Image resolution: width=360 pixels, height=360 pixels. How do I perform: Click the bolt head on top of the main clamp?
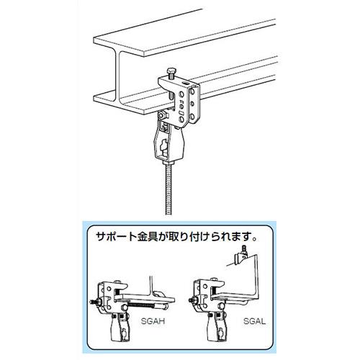[170, 71]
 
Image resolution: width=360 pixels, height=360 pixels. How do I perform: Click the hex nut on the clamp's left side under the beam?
[163, 116]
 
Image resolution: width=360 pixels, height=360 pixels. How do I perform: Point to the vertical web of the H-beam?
[117, 73]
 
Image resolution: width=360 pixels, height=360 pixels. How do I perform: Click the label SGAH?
[153, 321]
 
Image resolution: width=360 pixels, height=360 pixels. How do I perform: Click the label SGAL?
[254, 321]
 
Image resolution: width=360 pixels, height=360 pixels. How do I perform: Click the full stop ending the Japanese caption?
[255, 240]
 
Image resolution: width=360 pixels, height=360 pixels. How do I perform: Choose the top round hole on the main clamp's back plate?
[192, 91]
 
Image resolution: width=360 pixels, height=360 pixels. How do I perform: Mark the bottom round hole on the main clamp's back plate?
[192, 117]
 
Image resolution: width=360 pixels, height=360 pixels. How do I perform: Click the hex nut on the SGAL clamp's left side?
[193, 300]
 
